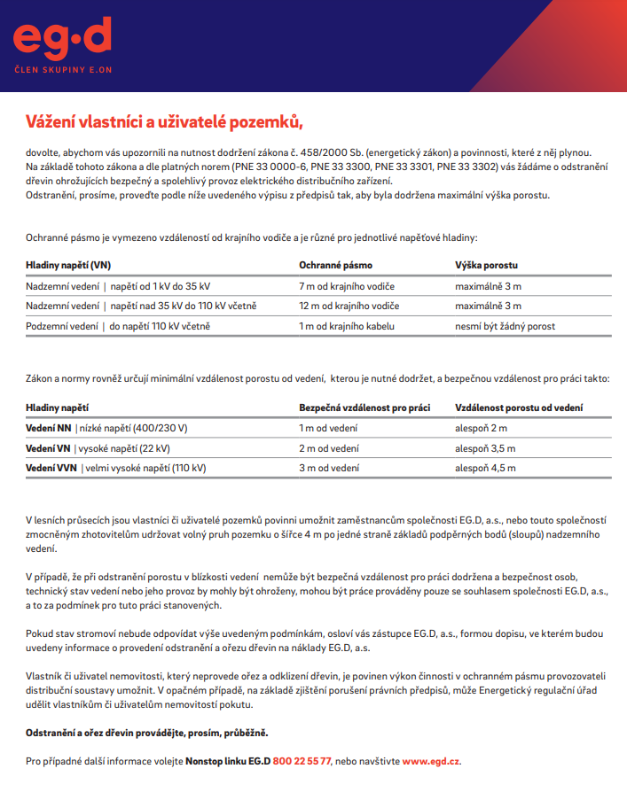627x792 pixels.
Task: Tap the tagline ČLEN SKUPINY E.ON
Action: pyautogui.click(x=62, y=68)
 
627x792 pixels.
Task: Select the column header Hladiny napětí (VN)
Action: pyautogui.click(x=68, y=265)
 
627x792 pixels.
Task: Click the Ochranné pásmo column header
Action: pyautogui.click(x=335, y=265)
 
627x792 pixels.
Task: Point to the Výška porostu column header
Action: pyautogui.click(x=487, y=265)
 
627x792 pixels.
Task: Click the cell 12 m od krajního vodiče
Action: pyautogui.click(x=349, y=306)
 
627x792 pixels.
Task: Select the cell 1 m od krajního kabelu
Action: pyautogui.click(x=346, y=326)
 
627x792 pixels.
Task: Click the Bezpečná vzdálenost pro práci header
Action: pyautogui.click(x=364, y=408)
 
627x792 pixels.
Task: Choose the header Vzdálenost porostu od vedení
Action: pyautogui.click(x=519, y=408)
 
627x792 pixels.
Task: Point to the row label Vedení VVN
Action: pyautogui.click(x=51, y=468)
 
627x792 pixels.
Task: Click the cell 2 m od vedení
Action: pyautogui.click(x=328, y=448)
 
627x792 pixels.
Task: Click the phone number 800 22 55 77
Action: pyautogui.click(x=302, y=761)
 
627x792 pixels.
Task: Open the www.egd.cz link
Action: pyautogui.click(x=431, y=761)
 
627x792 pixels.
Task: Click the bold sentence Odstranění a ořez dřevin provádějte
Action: pyautogui.click(x=146, y=734)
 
